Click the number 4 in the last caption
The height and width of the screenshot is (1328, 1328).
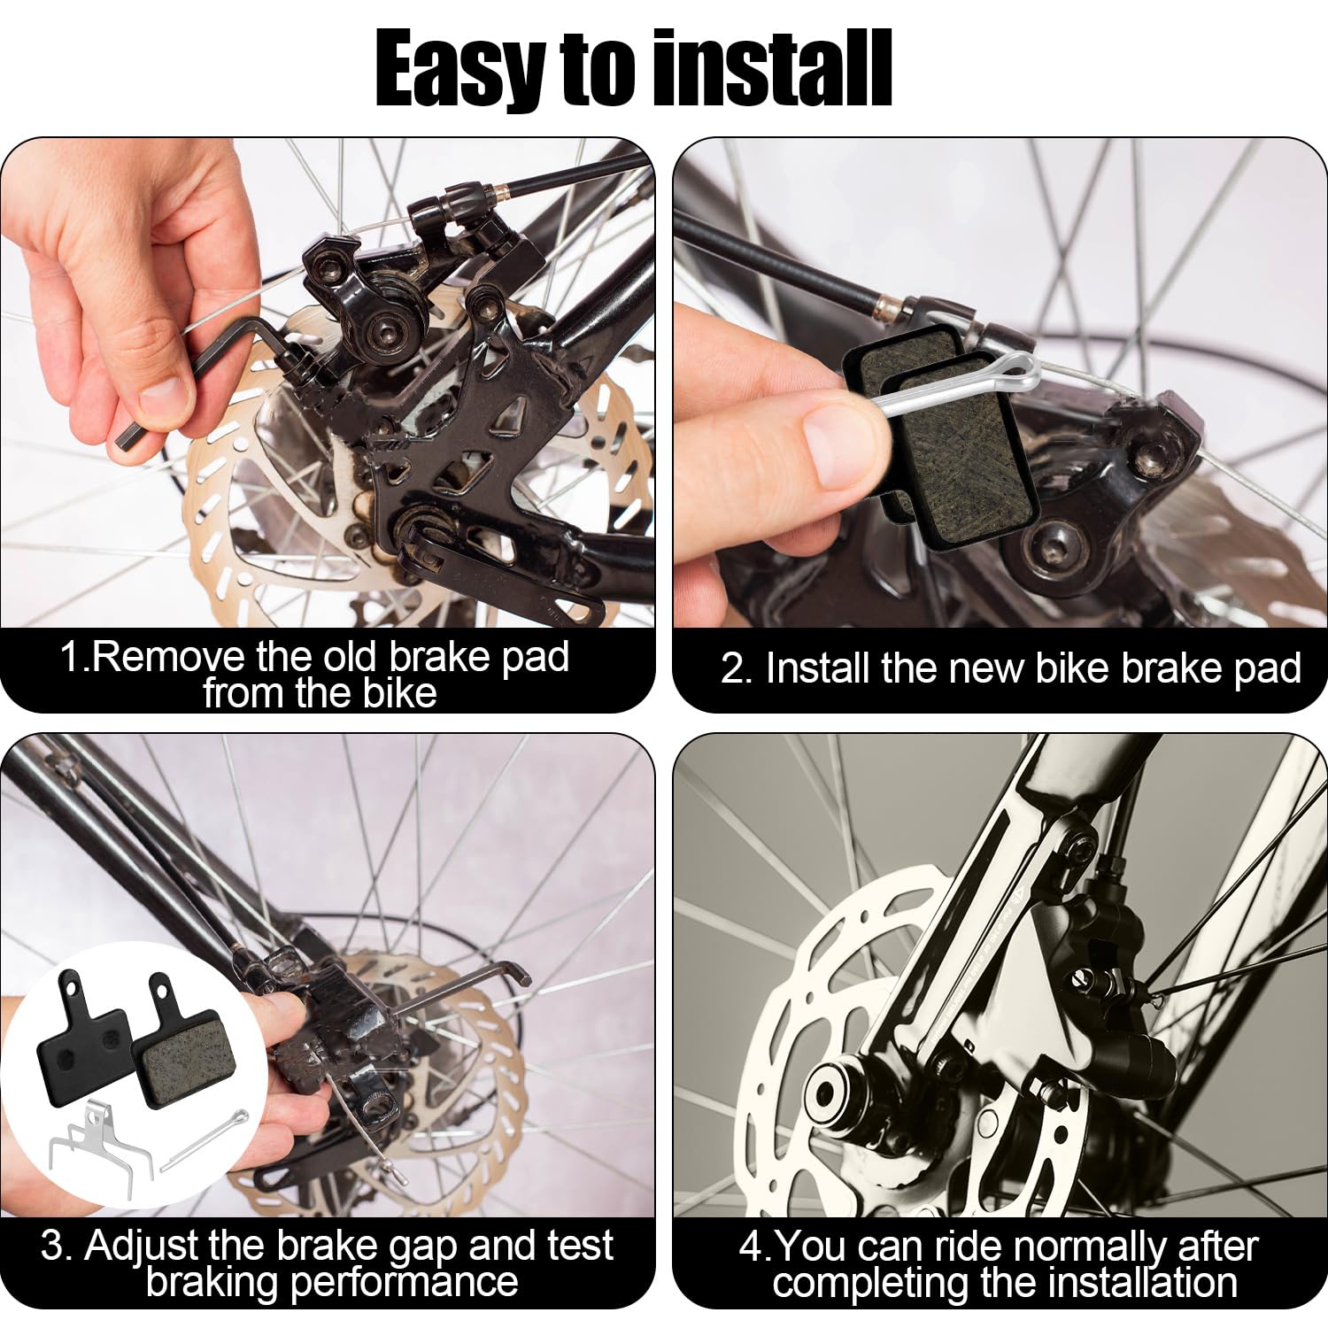[750, 1247]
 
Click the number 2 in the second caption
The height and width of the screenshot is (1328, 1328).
[734, 669]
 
